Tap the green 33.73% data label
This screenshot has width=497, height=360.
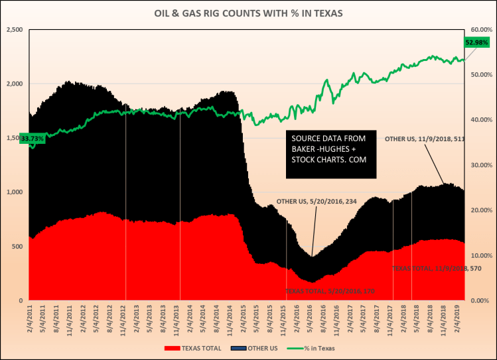pyautogui.click(x=33, y=139)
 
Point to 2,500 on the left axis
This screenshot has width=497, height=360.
pyautogui.click(x=15, y=30)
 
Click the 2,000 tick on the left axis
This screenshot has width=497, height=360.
pyautogui.click(x=15, y=84)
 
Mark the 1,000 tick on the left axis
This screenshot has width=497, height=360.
pyautogui.click(x=15, y=192)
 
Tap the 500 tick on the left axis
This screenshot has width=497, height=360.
pyautogui.click(x=17, y=247)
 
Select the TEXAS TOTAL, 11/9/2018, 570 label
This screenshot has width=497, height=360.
pyautogui.click(x=427, y=269)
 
